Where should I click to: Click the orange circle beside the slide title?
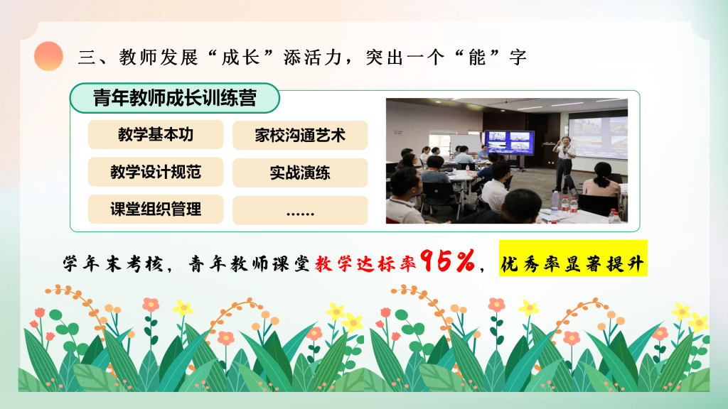[48, 56]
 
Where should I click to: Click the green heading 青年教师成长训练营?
[175, 98]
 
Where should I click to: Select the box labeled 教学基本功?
[156, 134]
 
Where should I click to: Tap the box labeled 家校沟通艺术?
[300, 136]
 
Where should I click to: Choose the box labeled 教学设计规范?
[156, 172]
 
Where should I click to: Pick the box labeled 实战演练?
[300, 173]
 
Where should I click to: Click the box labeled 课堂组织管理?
[156, 209]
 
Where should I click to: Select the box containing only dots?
[300, 210]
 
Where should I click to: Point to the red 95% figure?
[448, 261]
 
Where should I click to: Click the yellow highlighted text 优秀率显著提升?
[573, 258]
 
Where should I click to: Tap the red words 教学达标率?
[365, 264]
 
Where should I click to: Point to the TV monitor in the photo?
[510, 142]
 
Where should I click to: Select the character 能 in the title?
[477, 58]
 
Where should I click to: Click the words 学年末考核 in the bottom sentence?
[113, 264]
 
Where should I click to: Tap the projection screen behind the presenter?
[598, 136]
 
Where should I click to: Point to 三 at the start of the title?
[87, 58]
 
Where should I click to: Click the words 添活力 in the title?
[312, 58]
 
